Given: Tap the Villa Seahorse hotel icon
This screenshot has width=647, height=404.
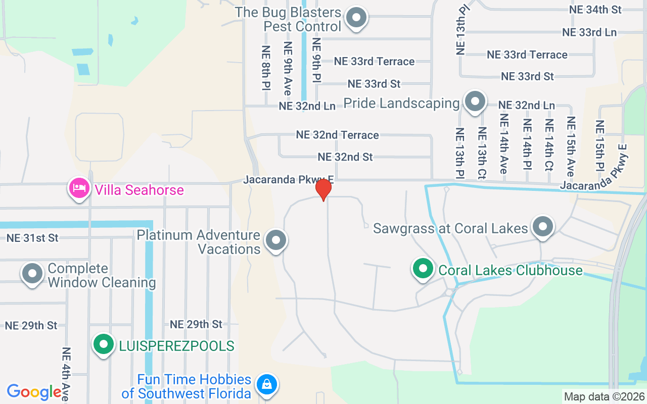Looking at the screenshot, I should (79, 188).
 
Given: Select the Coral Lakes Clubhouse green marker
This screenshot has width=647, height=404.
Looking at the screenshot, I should (423, 269).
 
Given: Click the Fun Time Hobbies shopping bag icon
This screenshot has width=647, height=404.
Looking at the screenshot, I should (266, 385).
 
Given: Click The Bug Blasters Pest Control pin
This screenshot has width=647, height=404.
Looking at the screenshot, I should (357, 18).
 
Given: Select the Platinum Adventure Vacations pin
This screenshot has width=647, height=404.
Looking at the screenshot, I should (276, 240).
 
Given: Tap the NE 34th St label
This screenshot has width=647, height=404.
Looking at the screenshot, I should (595, 10).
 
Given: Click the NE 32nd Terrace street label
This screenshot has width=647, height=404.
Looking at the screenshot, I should (337, 135).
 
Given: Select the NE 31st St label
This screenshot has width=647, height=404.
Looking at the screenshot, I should (32, 237).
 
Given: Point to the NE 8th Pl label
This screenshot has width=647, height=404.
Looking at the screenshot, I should (266, 68).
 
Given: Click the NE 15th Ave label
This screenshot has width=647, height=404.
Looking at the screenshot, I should (571, 146).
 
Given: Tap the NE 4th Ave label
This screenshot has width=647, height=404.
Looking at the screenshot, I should (66, 374).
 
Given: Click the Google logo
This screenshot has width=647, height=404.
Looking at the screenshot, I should (34, 392).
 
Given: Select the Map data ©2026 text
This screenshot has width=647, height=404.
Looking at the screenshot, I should (604, 396).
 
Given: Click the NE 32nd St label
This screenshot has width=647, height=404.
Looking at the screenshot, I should (345, 157).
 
